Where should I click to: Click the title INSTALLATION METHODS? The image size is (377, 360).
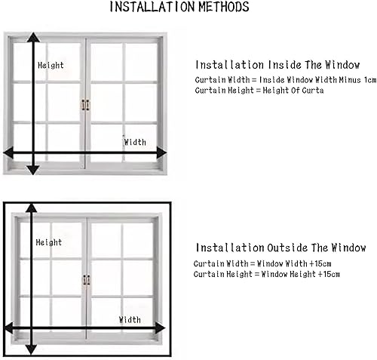[x=179, y=7]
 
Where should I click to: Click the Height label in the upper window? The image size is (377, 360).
[x=51, y=66]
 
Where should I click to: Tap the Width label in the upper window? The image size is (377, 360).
[x=135, y=142]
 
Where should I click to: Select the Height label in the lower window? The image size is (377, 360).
[x=49, y=242]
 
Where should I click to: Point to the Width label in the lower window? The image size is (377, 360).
[x=130, y=320]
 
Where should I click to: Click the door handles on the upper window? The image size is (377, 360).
[x=85, y=105]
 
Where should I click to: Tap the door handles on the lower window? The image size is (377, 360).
[x=87, y=280]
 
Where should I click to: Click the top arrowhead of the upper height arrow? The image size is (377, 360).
[x=33, y=37]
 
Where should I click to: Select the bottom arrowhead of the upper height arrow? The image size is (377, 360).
[x=33, y=171]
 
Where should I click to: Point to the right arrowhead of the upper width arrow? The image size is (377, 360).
[x=161, y=152]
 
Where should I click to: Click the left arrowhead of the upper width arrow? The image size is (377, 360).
[x=8, y=152]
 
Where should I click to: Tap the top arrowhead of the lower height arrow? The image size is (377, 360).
[x=32, y=208]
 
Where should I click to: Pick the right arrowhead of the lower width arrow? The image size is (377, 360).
[x=161, y=328]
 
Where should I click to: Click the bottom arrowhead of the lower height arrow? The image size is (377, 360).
[x=32, y=350]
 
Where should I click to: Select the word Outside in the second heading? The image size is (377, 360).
[x=287, y=248]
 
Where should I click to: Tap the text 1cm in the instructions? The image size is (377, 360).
[x=370, y=80]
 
